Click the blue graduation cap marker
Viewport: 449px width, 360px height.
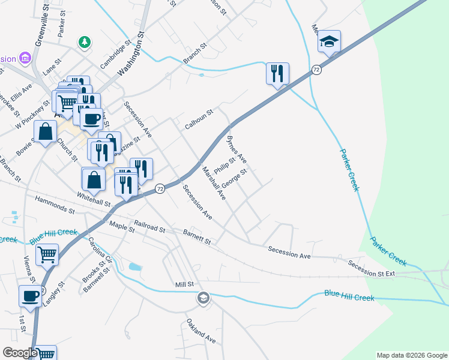click(x=329, y=42)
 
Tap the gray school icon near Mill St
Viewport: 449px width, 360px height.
click(x=203, y=298)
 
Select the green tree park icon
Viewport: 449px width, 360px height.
click(x=85, y=42)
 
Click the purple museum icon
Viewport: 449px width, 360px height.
click(x=25, y=58)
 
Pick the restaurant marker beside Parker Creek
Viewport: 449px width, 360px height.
click(x=277, y=74)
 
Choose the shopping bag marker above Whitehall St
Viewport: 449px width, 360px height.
click(x=94, y=179)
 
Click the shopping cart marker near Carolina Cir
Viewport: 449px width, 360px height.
click(x=47, y=254)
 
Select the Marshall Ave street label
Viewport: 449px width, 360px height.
click(x=214, y=183)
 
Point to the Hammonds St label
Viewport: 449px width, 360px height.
click(x=55, y=205)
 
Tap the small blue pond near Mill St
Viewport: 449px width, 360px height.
click(x=135, y=266)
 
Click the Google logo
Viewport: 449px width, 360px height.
click(x=20, y=352)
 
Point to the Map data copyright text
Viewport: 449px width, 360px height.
click(x=412, y=355)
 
